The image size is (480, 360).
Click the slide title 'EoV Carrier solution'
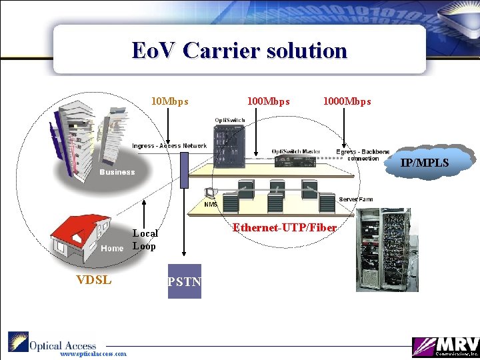pos(239,51)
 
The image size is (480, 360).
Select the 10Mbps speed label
pos(170,102)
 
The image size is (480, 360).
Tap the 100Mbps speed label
pos(268,102)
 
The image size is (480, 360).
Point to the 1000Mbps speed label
pos(347,102)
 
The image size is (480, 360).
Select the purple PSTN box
pos(185,281)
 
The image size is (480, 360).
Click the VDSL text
pos(93,280)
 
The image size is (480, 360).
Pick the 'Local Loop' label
pos(145,239)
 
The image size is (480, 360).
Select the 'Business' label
pos(117,172)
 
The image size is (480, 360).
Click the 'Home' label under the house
pos(112,249)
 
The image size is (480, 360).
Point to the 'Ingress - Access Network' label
pos(169,146)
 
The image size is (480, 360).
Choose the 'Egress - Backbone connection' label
pos(363,155)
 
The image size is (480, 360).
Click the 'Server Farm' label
pos(355,199)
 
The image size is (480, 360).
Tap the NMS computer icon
pos(211,194)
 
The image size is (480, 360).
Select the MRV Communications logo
pos(443,346)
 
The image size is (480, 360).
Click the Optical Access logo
pos(53,343)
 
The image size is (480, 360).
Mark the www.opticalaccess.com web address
pos(93,355)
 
